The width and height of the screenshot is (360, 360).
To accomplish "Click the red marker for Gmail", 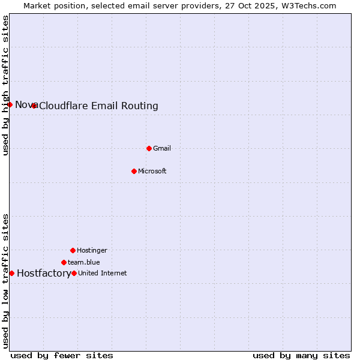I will pos(149,148).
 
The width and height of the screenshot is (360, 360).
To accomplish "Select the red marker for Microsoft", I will pos(134,171).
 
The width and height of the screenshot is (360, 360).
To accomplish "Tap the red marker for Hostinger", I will pos(73,250).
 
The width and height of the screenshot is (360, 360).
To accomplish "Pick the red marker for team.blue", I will pos(64,262).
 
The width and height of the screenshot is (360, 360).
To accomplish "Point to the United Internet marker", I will pos(74,273).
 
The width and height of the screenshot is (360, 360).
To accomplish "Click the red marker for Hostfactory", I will pos(11,273).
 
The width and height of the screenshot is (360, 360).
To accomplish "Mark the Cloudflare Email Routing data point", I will pos(34,106).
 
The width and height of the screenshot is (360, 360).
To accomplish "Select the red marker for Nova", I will pos(10,104).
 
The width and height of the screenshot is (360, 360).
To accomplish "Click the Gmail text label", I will pos(162,148).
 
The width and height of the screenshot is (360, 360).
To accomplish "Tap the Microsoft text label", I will pos(152,171).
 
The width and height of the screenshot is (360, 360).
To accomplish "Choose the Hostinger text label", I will pos(92,250).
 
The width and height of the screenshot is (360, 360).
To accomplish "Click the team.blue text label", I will pos(84,262).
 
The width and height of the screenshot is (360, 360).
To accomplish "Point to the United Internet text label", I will pos(103,273).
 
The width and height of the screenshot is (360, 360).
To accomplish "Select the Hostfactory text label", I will pos(44,274).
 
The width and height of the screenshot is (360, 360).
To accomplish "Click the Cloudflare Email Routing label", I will pos(98,106).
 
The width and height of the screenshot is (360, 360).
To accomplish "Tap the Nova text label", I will pos(26,105).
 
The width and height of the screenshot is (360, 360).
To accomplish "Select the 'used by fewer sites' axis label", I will pos(62,355).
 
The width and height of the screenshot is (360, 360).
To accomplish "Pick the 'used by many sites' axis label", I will pos(301,355).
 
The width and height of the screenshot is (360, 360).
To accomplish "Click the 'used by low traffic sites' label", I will pos(5,281).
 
